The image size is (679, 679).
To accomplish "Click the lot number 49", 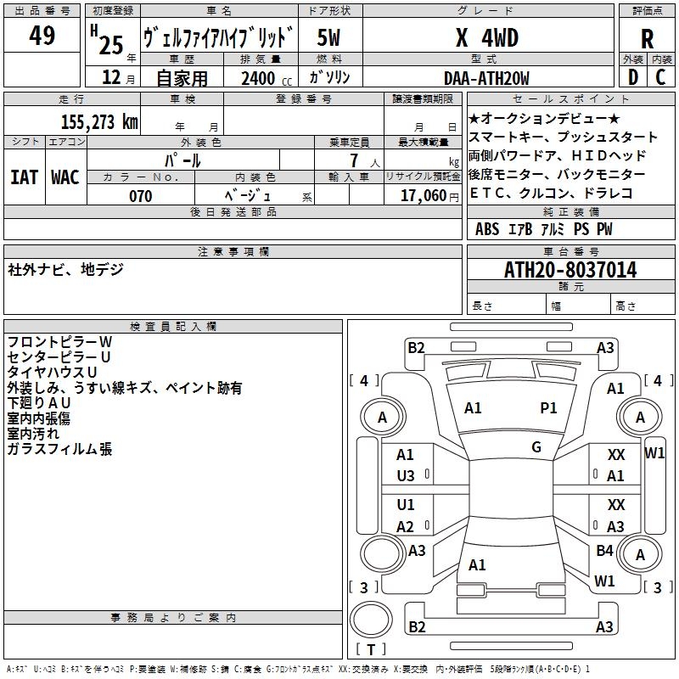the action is tap(42, 36).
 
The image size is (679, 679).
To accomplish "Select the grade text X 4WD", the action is tap(486, 38).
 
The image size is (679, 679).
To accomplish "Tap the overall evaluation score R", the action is tap(647, 38).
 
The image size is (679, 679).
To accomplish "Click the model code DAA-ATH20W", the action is tap(486, 78).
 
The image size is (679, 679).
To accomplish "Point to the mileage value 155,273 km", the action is tap(99, 121).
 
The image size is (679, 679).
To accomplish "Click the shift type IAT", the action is tap(24, 177).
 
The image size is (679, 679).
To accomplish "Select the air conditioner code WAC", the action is tap(65, 177).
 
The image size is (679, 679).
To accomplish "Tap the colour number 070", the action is tap(141, 196).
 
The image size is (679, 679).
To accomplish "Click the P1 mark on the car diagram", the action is tap(549, 408).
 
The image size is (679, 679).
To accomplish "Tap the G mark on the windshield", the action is tap(536, 447).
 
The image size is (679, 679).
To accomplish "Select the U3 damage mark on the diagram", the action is tap(406, 476).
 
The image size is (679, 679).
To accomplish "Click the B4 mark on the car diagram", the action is tap(604, 551).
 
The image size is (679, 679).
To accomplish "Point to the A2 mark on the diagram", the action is tap(406, 527).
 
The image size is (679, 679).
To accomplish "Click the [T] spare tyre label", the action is tap(370, 650).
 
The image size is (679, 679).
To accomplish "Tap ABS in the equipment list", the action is tap(487, 229).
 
